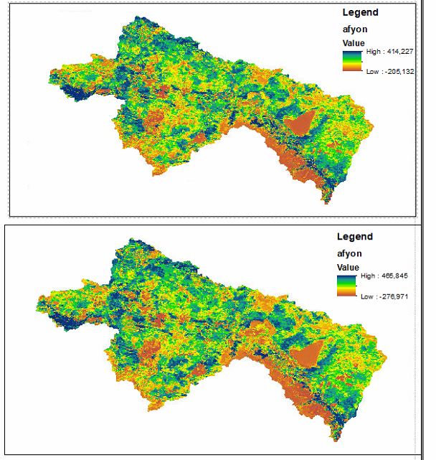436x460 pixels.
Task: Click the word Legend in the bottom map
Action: click(354, 237)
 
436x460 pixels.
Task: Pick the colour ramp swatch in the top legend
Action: click(352, 61)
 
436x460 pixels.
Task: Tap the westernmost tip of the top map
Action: click(49, 72)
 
